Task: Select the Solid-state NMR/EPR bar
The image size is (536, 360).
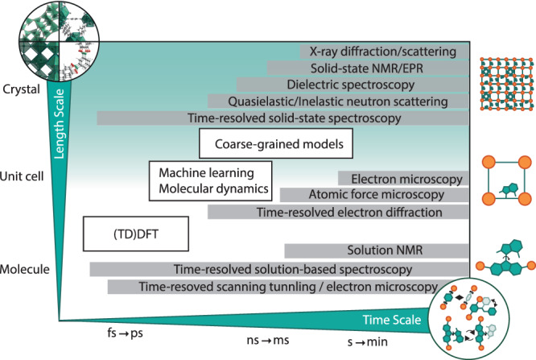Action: (367, 68)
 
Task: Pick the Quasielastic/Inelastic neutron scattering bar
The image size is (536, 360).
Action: (337, 101)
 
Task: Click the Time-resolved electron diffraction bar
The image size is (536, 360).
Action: (337, 212)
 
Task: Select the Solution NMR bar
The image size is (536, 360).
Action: (376, 250)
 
